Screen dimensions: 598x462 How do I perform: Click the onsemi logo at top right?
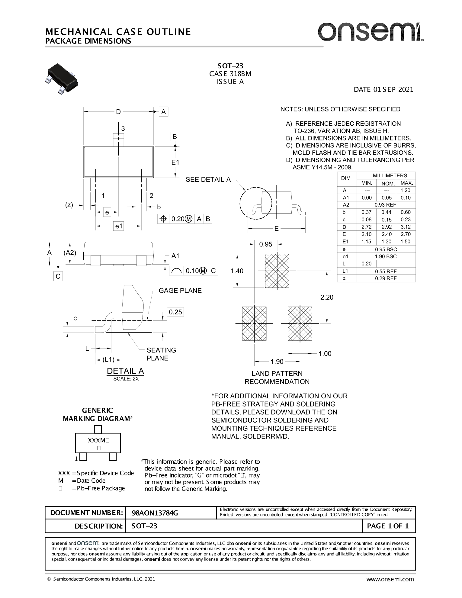pos(370,32)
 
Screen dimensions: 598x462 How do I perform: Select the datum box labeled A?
pos(163,112)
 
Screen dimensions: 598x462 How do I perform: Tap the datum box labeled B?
pos(175,137)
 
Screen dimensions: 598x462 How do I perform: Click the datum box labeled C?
pos(58,276)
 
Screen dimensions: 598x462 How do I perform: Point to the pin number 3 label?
pos(123,128)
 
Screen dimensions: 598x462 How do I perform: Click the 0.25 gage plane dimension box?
pos(175,312)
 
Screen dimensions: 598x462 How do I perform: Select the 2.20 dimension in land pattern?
pos(327,297)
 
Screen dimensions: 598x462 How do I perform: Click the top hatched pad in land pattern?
pos(277,271)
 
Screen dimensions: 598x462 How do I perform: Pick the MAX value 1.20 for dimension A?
pos(406,190)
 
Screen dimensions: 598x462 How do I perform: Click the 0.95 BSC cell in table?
pos(386,249)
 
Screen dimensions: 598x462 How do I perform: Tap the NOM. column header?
pos(388,183)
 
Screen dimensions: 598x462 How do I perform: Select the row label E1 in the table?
pos(345,242)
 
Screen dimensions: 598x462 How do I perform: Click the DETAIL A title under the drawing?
pos(126,371)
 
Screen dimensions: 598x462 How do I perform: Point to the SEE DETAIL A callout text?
pos(208,180)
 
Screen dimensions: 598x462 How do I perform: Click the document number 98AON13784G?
pos(155,513)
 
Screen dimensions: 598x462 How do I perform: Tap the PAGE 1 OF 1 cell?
pos(388,526)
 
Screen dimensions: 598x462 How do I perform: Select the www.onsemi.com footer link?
pos(390,579)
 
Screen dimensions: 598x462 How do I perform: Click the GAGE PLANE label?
pos(180,291)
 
